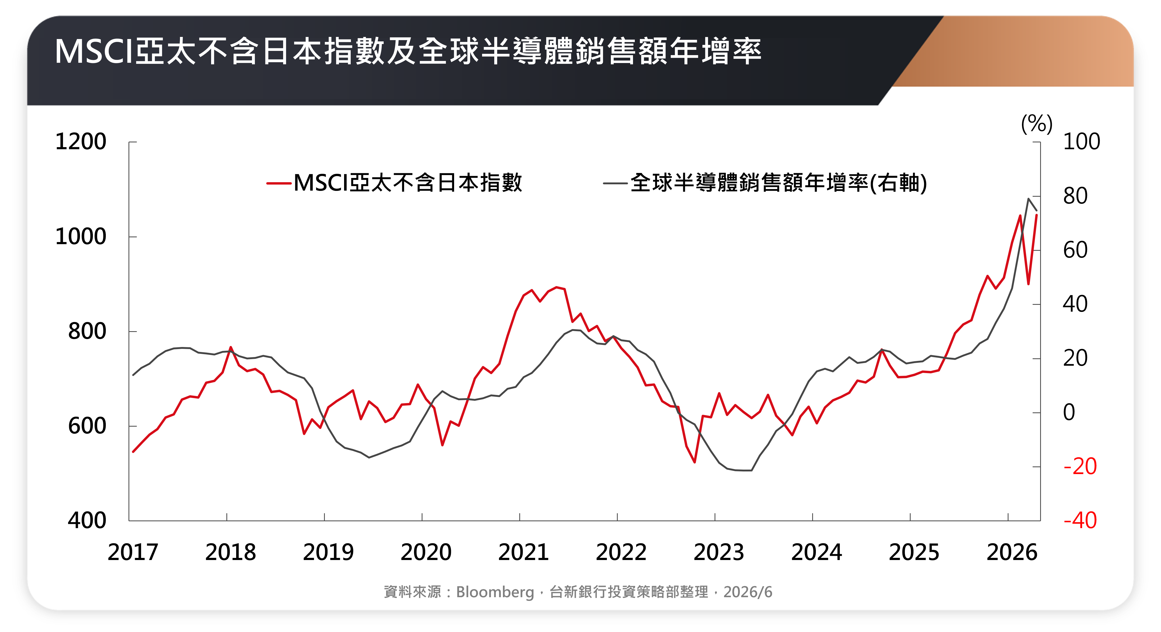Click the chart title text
408,51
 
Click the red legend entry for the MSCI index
394,183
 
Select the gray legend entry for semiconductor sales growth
765,183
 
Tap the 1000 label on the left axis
81,237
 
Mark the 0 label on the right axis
1069,412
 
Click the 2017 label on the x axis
133,552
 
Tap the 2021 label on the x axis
524,552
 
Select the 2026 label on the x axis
1012,552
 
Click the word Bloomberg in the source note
495,592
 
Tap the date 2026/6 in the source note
748,592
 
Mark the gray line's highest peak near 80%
1029,199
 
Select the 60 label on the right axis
1075,250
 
